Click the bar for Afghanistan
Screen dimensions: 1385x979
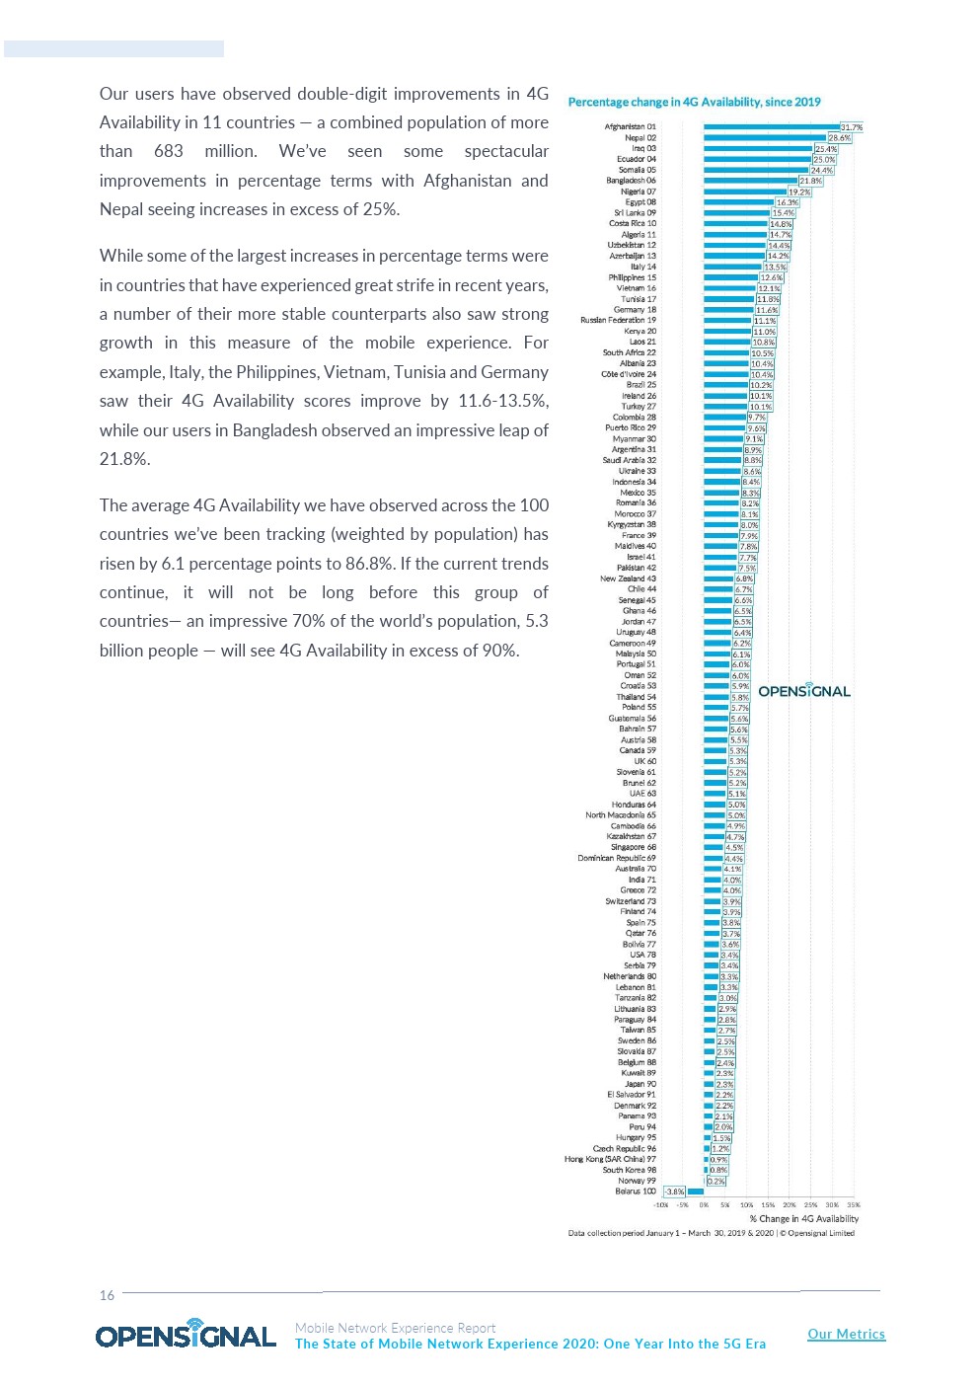770,127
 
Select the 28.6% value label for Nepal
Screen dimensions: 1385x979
839,138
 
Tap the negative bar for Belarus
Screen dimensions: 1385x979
695,1192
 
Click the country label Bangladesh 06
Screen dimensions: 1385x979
631,181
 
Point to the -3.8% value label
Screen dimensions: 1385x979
674,1192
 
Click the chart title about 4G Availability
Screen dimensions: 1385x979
694,102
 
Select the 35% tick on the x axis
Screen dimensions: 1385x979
854,1204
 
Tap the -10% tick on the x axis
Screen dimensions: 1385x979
660,1204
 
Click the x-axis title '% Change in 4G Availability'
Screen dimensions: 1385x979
803,1218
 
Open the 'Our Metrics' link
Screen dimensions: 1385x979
846,1334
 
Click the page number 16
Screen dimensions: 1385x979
107,1295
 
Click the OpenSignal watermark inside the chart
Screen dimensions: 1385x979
803,691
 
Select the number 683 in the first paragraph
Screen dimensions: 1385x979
169,151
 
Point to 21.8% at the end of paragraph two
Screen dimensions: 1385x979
125,459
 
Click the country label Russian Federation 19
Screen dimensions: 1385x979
618,320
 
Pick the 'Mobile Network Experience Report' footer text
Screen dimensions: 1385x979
395,1328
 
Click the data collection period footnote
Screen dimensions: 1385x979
711,1233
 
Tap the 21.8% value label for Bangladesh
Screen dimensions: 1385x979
810,181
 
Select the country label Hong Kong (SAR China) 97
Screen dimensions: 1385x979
610,1159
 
